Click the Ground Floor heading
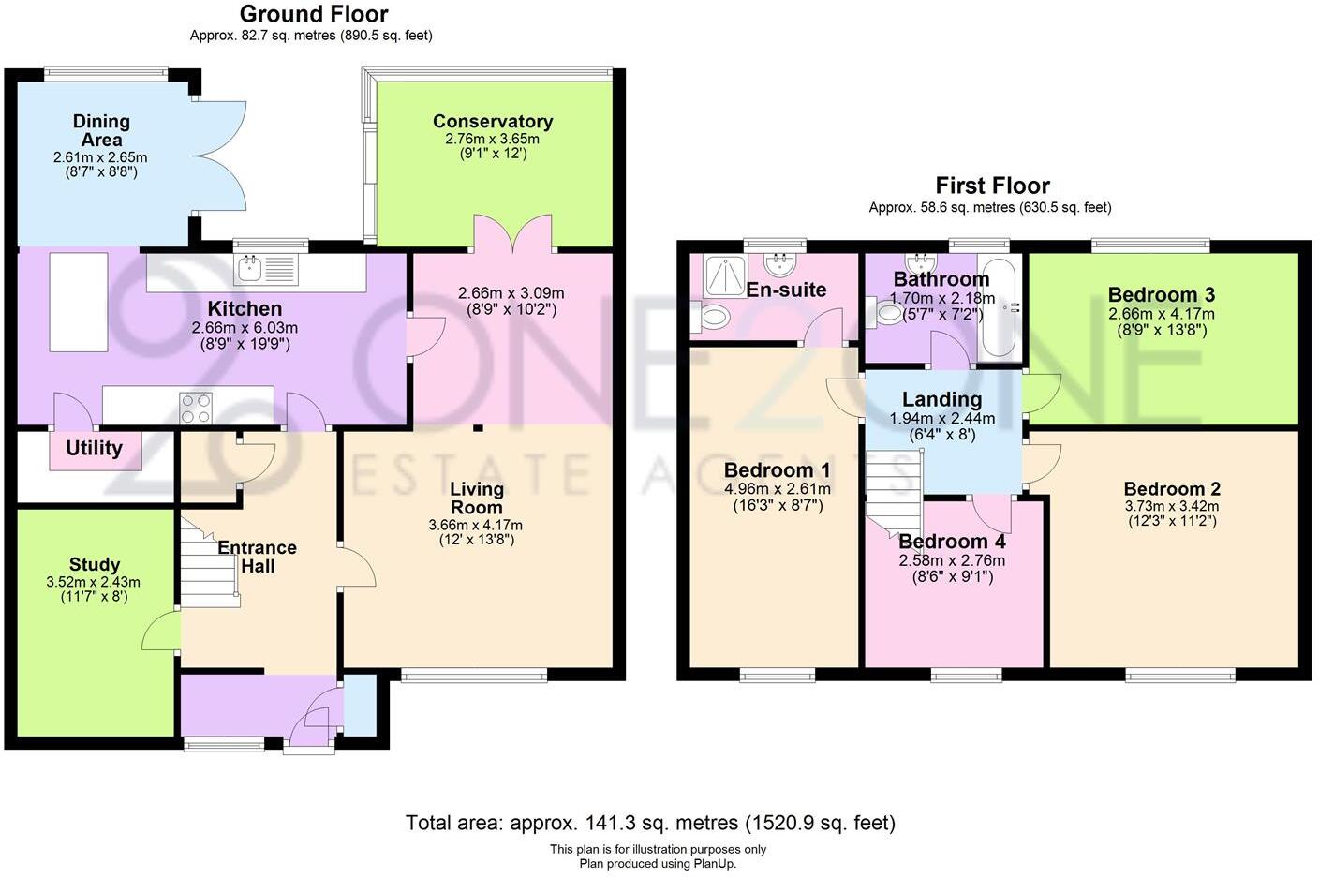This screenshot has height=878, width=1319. coord(313,14)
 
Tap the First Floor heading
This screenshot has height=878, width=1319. coord(992,186)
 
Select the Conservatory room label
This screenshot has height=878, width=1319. coord(492,121)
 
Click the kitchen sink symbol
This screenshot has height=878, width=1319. coord(250,269)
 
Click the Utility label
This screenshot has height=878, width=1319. coord(94,448)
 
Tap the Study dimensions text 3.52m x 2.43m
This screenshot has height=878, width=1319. coord(93,582)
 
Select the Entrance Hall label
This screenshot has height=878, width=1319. coord(257,557)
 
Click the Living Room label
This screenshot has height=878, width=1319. coord(476,498)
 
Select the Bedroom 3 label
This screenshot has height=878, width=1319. coord(1161,295)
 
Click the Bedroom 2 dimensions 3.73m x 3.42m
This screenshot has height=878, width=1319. coord(1172,506)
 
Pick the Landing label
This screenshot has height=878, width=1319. coord(941,400)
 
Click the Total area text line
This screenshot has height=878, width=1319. coord(650,823)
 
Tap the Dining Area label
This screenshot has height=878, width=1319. coord(101,130)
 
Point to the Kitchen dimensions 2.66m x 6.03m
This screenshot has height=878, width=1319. coord(245,328)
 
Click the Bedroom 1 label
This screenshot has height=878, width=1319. coord(777,469)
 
